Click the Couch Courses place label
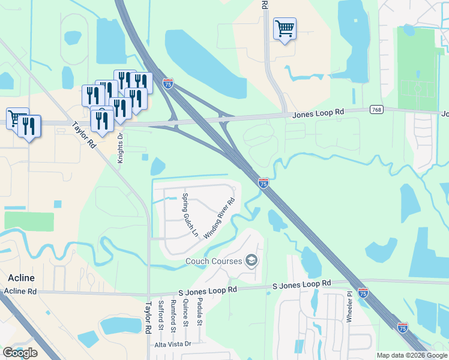[214, 261]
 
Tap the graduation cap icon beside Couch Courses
[252, 260]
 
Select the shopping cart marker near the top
[285, 28]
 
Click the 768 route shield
[376, 109]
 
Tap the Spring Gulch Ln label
[190, 215]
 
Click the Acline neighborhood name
[22, 278]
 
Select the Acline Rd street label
[20, 291]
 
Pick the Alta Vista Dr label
[172, 344]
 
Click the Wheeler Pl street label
[349, 309]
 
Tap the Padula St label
[200, 310]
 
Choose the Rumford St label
[173, 314]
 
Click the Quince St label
[186, 312]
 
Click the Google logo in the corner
[20, 353]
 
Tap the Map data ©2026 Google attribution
[412, 356]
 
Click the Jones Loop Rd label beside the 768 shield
[318, 113]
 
